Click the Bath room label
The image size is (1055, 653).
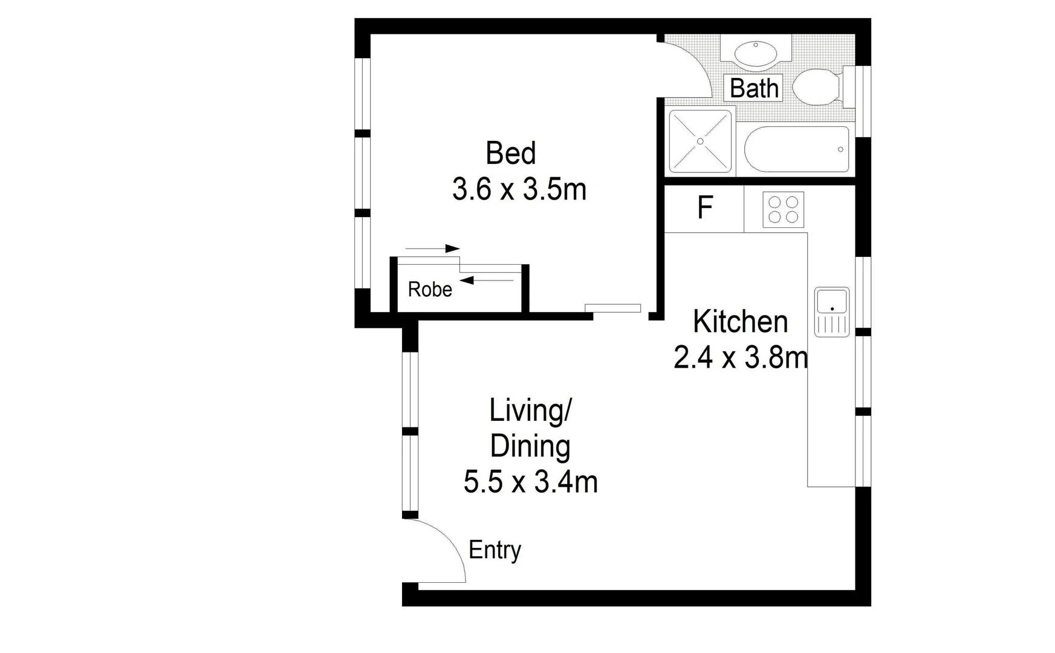[753, 88]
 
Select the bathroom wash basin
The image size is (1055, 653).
[755, 54]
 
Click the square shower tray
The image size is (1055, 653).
[700, 141]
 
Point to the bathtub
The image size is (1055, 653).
[796, 149]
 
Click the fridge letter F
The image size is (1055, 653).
[705, 207]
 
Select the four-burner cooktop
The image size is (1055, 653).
[783, 209]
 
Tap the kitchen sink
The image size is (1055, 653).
[832, 311]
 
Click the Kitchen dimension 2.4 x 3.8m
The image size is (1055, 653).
[740, 358]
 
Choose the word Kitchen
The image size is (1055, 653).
[740, 322]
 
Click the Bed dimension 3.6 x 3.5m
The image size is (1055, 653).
[519, 189]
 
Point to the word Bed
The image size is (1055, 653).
[510, 153]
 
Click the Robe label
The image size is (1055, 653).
[430, 289]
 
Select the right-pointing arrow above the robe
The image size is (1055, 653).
[433, 249]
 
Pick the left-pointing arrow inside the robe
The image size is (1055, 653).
[486, 280]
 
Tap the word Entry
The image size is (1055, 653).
[495, 550]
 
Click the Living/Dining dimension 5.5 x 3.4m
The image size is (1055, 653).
[530, 482]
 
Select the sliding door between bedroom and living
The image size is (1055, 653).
[612, 308]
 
